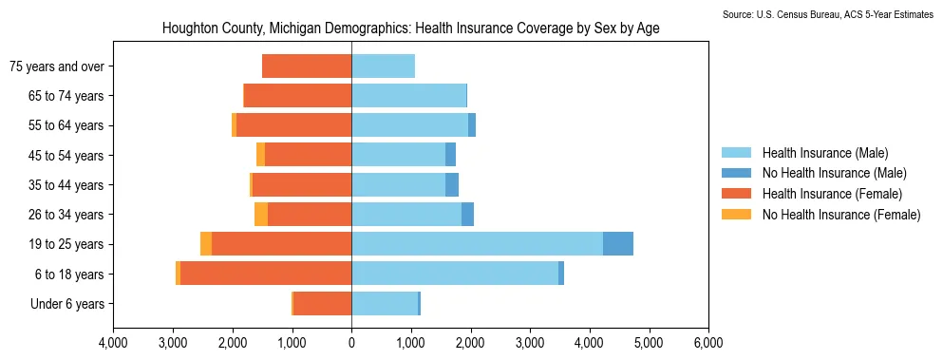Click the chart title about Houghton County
(411, 28)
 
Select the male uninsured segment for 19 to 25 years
(618, 244)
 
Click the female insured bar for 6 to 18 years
(266, 274)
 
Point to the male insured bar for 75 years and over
(383, 66)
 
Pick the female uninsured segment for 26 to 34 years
(261, 215)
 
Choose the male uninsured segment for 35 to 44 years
(452, 185)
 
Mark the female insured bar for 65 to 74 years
(297, 96)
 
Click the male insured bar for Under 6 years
(385, 303)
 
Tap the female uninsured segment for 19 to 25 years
(206, 244)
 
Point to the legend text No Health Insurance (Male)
(834, 174)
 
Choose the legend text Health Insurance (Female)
(832, 194)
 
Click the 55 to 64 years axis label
(66, 125)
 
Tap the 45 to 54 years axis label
(66, 156)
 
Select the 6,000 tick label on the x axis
(708, 345)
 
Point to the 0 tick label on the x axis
(351, 345)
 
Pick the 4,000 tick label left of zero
(114, 345)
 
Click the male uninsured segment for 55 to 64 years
(472, 125)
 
